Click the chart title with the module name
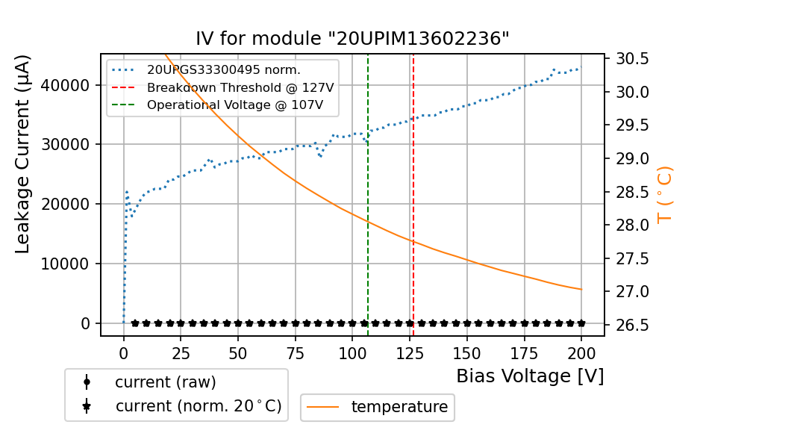click(x=352, y=39)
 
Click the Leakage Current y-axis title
click(x=23, y=154)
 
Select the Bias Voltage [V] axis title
click(x=530, y=376)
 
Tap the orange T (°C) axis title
click(x=665, y=194)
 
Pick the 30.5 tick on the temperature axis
click(x=631, y=59)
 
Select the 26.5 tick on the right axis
click(x=631, y=325)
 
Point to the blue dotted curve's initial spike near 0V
click(x=126, y=193)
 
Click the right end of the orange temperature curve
click(x=581, y=290)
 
